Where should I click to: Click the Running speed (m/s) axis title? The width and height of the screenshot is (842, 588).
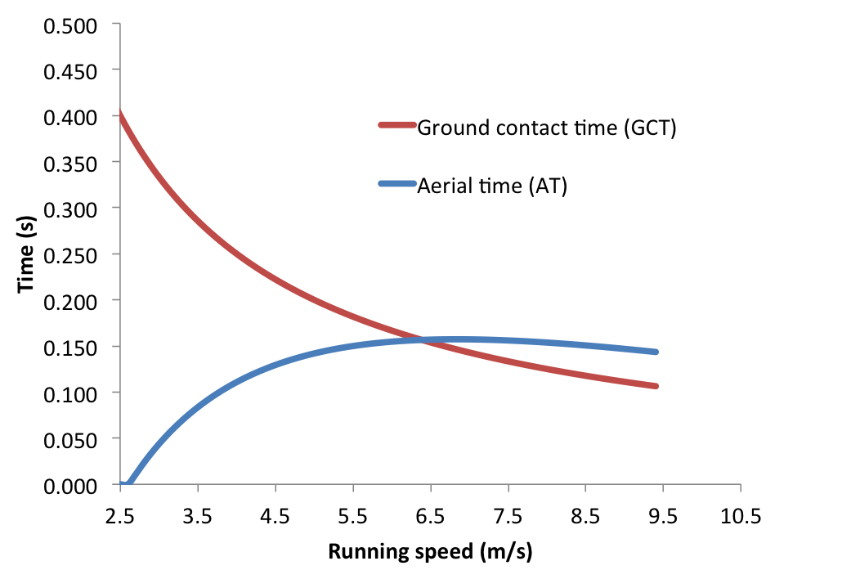click(x=430, y=552)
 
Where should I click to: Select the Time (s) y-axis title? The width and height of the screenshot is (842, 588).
click(x=26, y=255)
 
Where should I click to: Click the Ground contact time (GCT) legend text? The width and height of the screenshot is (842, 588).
click(x=547, y=128)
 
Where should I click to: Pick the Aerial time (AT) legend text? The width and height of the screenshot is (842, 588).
click(x=492, y=186)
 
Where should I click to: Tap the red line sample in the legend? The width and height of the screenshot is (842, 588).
click(x=397, y=125)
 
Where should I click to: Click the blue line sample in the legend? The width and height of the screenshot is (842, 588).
click(x=397, y=183)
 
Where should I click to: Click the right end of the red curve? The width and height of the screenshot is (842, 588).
click(x=656, y=386)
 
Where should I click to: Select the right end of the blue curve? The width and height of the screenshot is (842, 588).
click(x=656, y=352)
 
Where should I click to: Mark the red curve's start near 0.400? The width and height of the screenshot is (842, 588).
click(x=121, y=114)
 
